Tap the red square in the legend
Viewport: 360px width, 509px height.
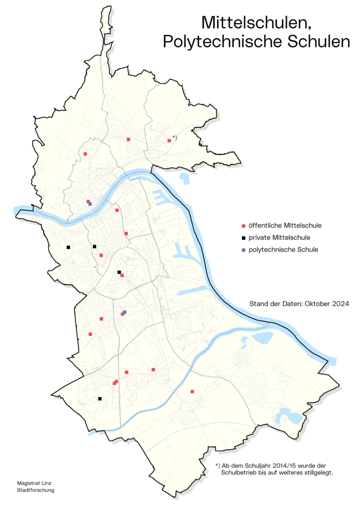click(243, 226)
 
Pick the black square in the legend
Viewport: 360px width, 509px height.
click(243, 238)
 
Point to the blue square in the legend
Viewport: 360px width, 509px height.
click(243, 249)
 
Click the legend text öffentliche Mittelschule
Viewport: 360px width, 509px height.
click(285, 226)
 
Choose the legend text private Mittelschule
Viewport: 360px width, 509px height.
click(279, 238)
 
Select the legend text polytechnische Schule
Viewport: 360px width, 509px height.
click(283, 249)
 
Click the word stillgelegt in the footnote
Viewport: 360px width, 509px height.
click(318, 473)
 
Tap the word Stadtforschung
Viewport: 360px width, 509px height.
click(35, 490)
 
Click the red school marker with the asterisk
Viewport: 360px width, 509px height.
click(169, 140)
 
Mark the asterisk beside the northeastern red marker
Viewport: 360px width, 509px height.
click(174, 138)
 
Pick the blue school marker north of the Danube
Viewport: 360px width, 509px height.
click(90, 204)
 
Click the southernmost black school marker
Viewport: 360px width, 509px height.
click(99, 399)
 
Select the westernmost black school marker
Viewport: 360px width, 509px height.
click(68, 247)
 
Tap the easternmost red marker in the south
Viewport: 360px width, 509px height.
click(192, 392)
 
